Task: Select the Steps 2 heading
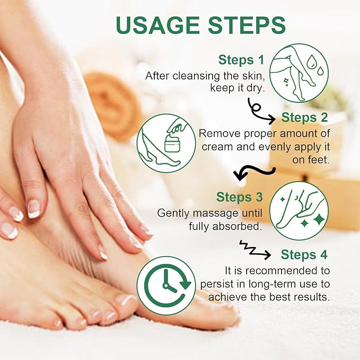click(304, 117)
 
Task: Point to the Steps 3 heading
click(240, 197)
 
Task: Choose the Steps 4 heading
click(305, 254)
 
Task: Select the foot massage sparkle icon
click(299, 210)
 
